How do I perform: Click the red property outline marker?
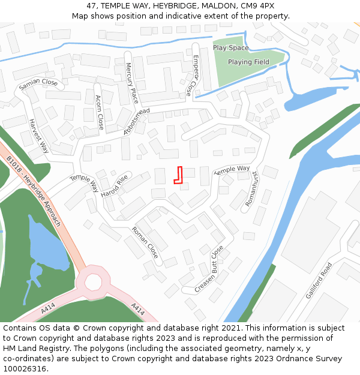(178, 175)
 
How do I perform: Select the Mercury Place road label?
(132, 83)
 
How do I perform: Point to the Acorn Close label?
(100, 112)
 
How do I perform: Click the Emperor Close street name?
(191, 76)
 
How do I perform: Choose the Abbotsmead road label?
(137, 122)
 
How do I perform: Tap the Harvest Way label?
(39, 136)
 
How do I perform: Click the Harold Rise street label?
(115, 186)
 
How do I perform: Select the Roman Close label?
(145, 242)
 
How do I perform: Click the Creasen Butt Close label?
(209, 269)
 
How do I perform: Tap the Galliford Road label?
(319, 281)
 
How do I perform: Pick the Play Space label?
(230, 48)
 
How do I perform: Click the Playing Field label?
(248, 62)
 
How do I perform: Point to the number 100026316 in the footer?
(25, 368)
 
